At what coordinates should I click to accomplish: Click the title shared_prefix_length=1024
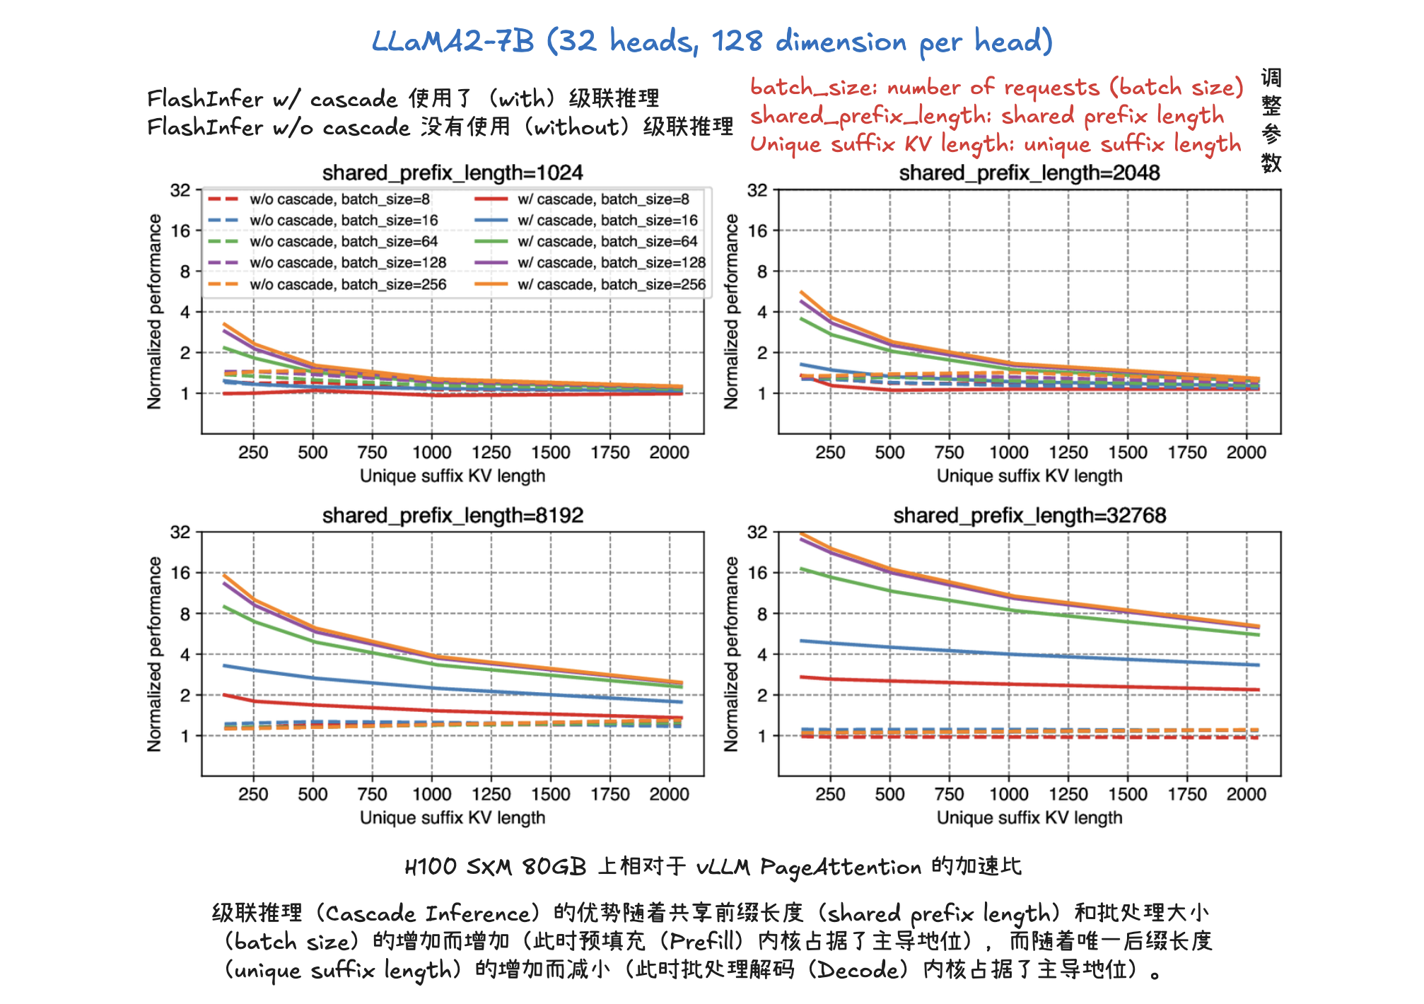453,173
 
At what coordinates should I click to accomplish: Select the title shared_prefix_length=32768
1029,515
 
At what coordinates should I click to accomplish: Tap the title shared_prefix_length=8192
453,515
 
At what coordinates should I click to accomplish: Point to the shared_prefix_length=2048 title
1029,173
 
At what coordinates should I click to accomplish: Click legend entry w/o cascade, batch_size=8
339,199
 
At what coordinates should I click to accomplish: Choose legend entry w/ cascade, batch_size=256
612,284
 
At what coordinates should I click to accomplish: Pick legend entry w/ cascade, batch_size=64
607,242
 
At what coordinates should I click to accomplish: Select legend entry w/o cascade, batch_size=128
348,263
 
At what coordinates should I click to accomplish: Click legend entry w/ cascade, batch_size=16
607,221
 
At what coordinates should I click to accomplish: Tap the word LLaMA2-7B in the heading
453,42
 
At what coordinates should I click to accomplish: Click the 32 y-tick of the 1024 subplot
181,190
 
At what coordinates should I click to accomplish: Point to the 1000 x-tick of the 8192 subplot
432,795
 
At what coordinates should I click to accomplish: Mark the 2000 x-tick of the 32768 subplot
1247,795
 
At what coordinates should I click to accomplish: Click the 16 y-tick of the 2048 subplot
757,230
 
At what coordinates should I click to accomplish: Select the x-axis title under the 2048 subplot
1029,476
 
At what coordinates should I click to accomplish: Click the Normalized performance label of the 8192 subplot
155,654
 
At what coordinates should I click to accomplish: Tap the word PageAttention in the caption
841,868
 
